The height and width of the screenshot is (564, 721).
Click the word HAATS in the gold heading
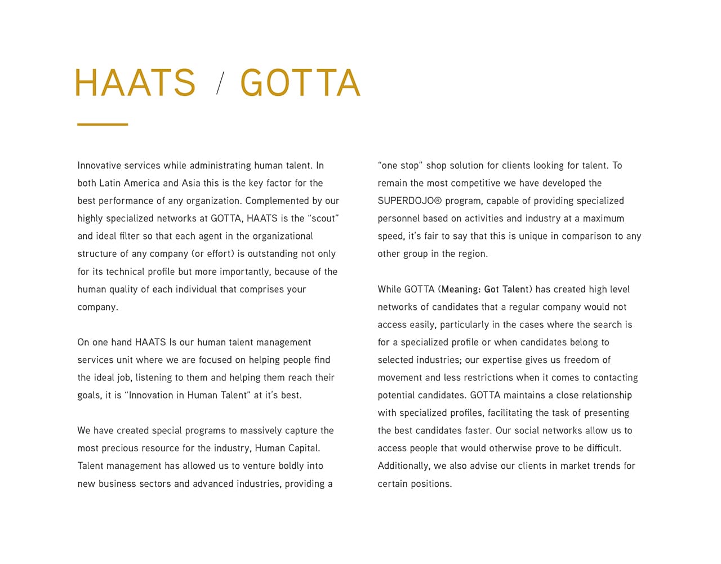click(x=135, y=83)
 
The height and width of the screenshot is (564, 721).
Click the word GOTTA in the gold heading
click(x=300, y=83)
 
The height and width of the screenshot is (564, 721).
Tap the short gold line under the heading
click(x=103, y=124)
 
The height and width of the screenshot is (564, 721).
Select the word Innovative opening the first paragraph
click(x=99, y=166)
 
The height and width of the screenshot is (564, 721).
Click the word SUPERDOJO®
click(x=410, y=201)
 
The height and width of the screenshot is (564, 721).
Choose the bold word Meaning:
click(x=461, y=290)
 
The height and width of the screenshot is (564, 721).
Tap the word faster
click(x=478, y=430)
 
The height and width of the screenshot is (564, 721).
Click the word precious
click(x=122, y=448)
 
